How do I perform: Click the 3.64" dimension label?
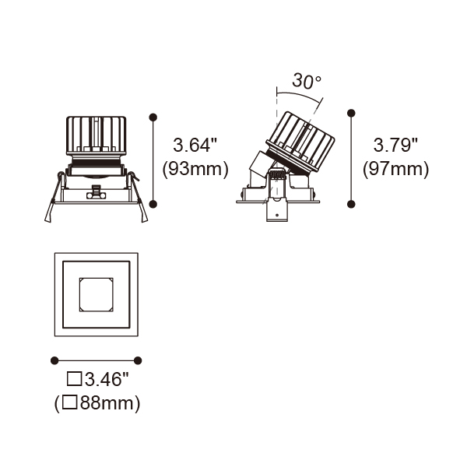pyautogui.click(x=195, y=145)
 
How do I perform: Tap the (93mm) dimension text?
pyautogui.click(x=195, y=169)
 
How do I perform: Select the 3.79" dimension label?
pyautogui.click(x=395, y=145)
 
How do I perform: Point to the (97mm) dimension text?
pyautogui.click(x=395, y=169)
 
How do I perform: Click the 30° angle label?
pyautogui.click(x=307, y=81)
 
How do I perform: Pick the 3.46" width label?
pyautogui.click(x=107, y=379)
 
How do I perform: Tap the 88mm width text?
pyautogui.click(x=107, y=403)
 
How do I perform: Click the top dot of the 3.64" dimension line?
pyautogui.click(x=153, y=118)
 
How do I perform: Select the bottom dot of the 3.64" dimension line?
pyautogui.click(x=153, y=204)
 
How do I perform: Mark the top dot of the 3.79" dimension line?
pyautogui.click(x=351, y=113)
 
